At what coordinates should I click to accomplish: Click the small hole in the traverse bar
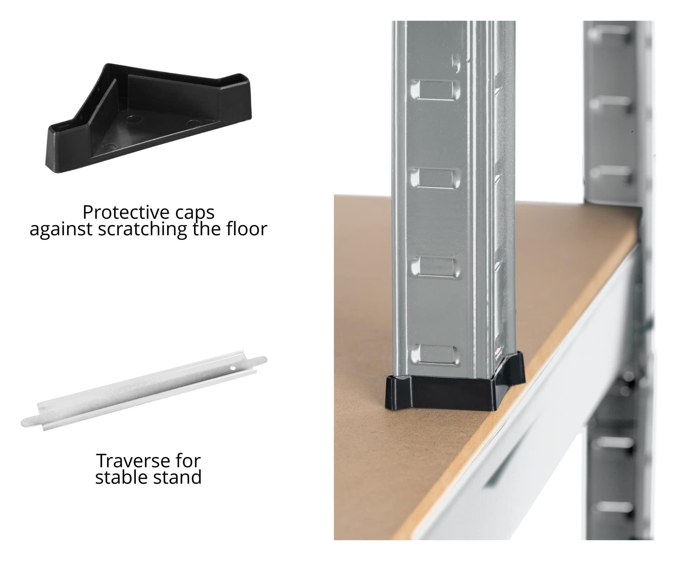click(232, 368)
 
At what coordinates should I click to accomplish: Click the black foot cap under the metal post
click(455, 386)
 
